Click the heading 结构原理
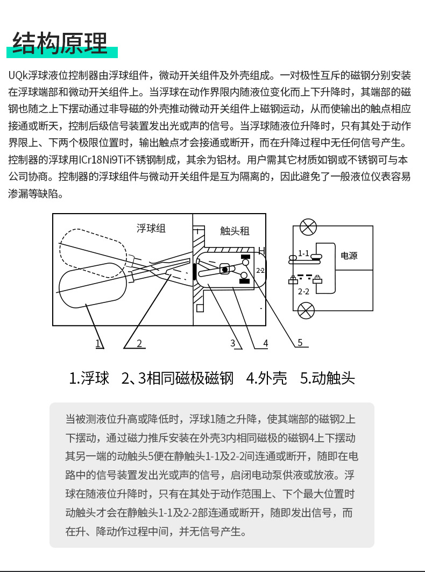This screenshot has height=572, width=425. coord(60,44)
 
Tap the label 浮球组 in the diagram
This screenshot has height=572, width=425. coord(151,229)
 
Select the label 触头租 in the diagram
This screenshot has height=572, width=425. coord(235,231)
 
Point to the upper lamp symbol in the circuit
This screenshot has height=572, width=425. coord(308,227)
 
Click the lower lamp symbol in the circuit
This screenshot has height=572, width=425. coord(306,310)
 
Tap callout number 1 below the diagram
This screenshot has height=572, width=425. coord(99,343)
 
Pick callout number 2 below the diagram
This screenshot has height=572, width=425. coord(139,343)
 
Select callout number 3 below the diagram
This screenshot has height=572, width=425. coord(232,343)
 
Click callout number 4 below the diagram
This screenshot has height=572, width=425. coord(265,343)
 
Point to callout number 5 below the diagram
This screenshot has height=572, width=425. coord(300,342)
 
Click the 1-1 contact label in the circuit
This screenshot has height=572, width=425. coord(304,253)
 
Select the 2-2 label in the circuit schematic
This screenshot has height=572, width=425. coord(303,291)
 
